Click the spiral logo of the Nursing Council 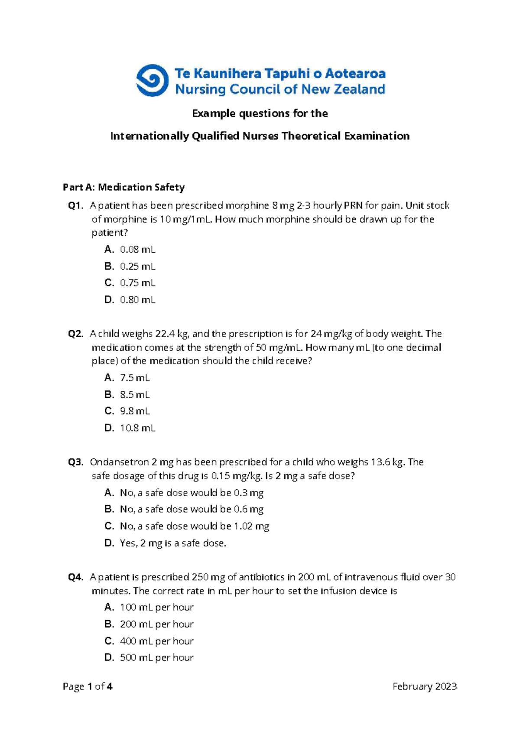(152, 81)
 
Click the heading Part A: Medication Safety (123, 187)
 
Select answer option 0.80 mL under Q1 (137, 299)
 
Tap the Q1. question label (76, 205)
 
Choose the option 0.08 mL (137, 249)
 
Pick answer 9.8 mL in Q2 (135, 411)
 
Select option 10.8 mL (137, 428)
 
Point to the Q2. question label (76, 334)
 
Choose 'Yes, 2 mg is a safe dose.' (173, 543)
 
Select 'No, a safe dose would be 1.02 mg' (194, 526)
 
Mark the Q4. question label (76, 577)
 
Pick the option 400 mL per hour (156, 641)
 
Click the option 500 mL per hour (156, 657)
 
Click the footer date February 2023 (424, 686)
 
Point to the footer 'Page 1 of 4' (88, 686)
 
